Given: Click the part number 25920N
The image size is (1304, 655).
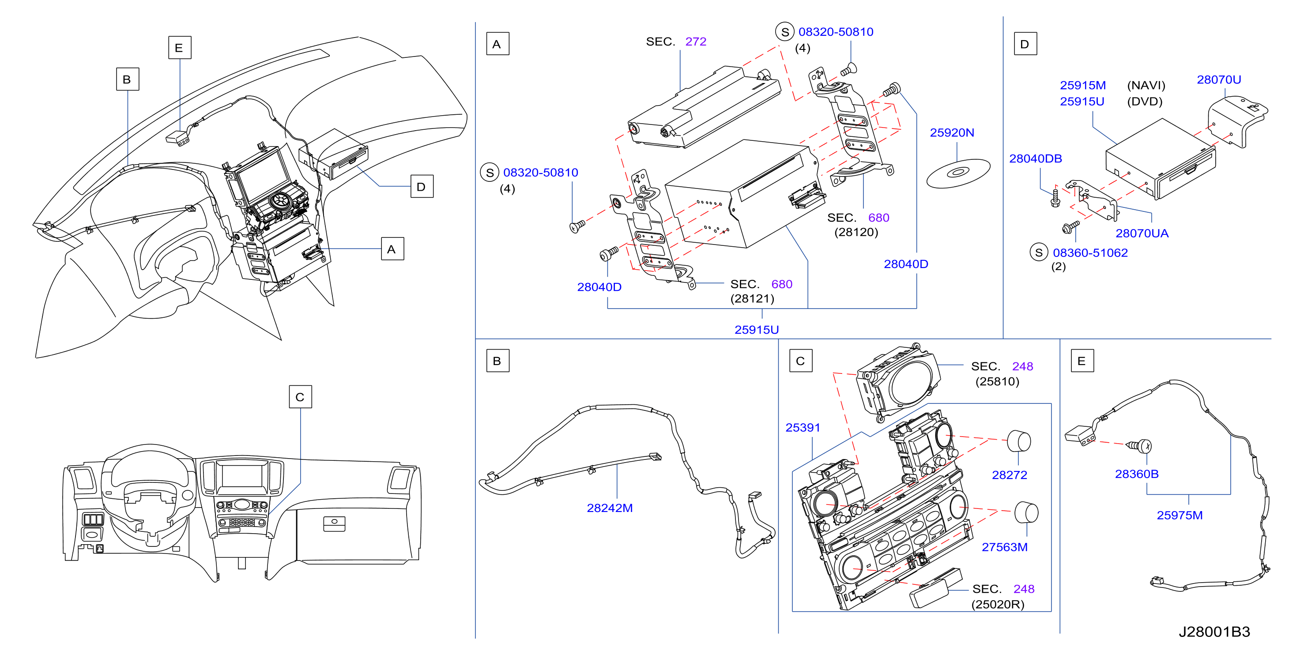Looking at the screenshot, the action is pos(952,132).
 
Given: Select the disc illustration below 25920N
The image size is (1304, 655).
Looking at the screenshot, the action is pos(958,173).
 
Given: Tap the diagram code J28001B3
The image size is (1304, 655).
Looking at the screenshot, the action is pos(1214,632).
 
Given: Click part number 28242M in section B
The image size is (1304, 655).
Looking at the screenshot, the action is pos(610,508).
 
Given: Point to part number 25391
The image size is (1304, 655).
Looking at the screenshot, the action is pos(803,428).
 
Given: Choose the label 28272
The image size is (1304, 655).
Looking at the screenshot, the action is pos(1010,475).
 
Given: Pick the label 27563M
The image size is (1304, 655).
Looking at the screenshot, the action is pos(1004,547).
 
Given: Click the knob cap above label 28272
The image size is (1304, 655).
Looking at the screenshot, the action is pos(1018,441).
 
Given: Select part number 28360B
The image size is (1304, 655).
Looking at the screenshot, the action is pos(1136,474).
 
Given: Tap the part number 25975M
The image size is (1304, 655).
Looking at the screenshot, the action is pos(1180,515).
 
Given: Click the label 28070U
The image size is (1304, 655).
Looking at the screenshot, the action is pos(1218,79).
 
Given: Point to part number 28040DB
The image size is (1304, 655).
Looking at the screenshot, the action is pos(1035,158).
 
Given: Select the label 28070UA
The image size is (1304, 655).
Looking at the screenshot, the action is pos(1142,233).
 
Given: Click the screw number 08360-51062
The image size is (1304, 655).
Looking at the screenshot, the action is pos(1090,252).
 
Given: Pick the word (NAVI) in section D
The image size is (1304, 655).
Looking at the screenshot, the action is pos(1146,85).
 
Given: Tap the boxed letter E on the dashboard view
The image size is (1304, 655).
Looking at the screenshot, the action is pos(180,48).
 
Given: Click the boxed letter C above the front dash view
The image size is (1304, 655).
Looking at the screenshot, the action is pos(300,397).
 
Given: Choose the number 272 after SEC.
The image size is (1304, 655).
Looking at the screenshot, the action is pos(696,41).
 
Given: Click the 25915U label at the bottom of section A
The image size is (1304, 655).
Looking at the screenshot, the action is pos(756,330).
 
